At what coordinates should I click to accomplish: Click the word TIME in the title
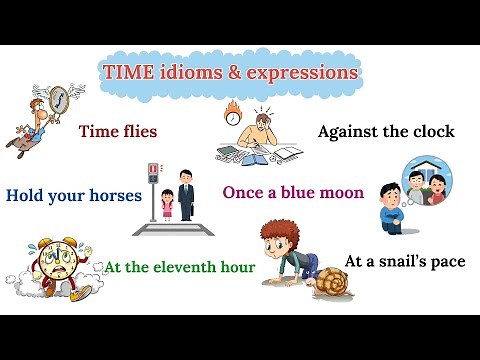click(x=127, y=72)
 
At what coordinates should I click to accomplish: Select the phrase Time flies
click(x=118, y=130)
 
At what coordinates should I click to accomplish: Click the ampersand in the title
click(x=229, y=72)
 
